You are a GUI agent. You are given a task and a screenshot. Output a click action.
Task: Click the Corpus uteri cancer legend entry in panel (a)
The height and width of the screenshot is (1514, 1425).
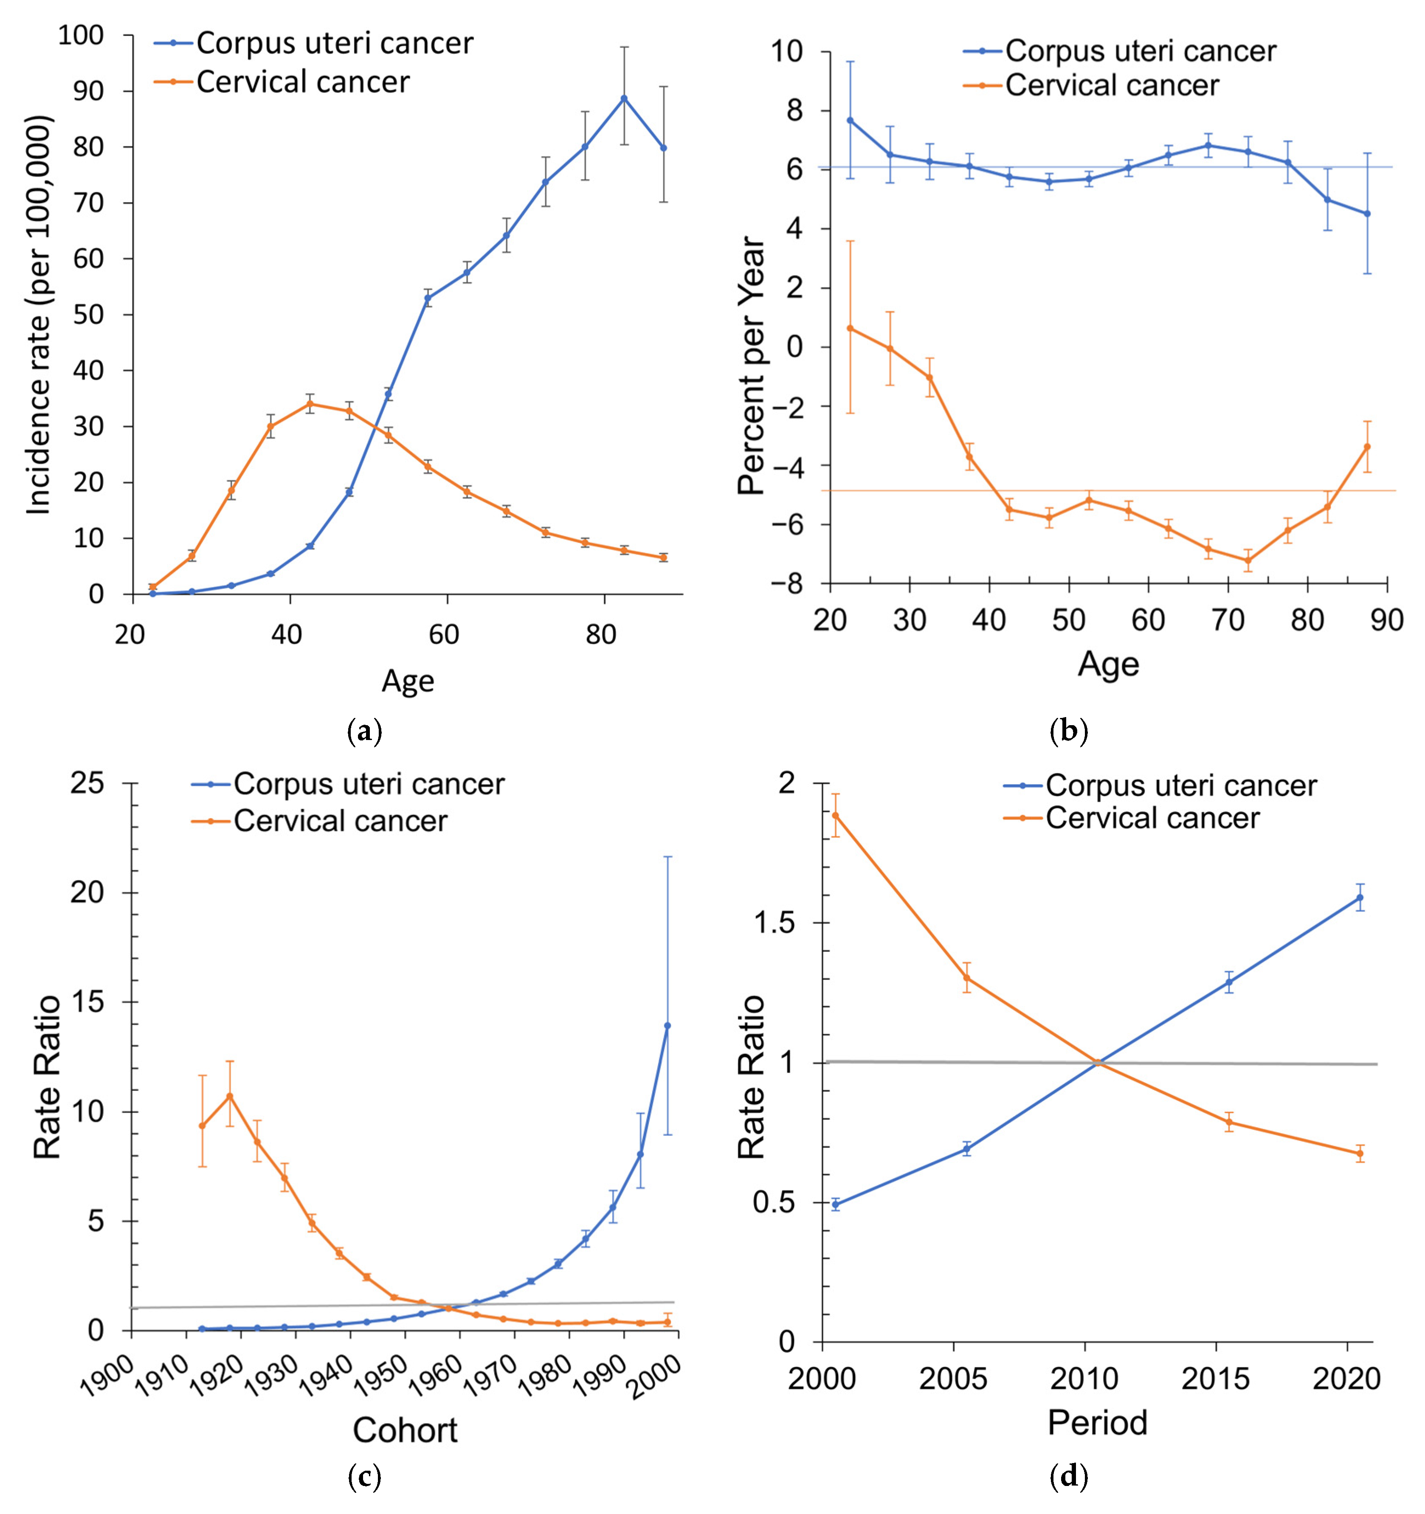(334, 43)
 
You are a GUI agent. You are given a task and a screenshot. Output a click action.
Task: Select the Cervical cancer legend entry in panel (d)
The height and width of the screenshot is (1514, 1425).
(1152, 819)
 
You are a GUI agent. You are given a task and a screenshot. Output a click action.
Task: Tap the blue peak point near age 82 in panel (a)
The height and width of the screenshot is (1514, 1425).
(624, 98)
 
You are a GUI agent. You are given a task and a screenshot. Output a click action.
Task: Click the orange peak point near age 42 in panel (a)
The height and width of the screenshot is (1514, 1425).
(310, 404)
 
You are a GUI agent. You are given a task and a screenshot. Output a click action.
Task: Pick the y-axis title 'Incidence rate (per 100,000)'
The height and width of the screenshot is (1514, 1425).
(38, 315)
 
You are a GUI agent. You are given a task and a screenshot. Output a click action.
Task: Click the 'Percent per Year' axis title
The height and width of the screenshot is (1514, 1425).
(752, 366)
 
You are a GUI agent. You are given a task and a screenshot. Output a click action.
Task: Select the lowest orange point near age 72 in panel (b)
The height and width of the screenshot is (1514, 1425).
(1248, 560)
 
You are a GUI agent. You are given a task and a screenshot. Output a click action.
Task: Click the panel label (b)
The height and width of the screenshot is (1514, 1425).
(1069, 732)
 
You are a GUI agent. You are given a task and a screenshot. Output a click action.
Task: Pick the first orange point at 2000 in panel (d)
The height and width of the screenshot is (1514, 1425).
(836, 816)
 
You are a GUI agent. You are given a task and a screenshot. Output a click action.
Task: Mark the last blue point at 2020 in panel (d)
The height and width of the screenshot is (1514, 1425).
(1360, 897)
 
